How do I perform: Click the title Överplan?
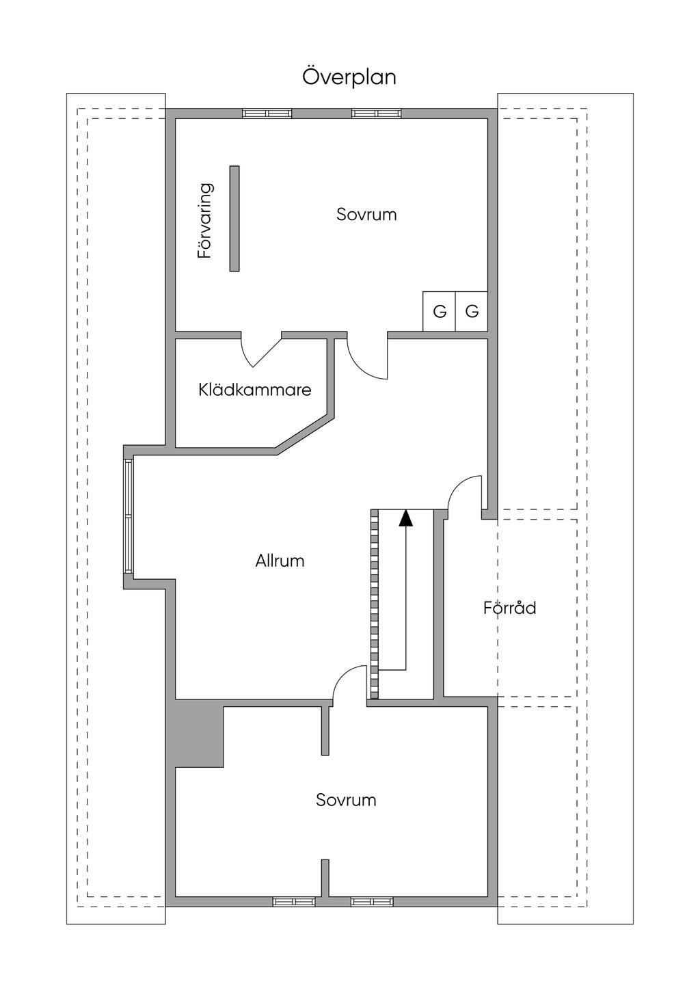[349, 77]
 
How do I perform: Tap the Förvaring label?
[205, 220]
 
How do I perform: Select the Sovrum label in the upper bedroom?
[366, 214]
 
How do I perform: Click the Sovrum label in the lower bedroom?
[346, 800]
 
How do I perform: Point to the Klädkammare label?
[255, 390]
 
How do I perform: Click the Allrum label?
[280, 561]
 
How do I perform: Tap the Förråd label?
[509, 607]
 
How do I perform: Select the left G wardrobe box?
[440, 312]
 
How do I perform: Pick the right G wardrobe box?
[472, 312]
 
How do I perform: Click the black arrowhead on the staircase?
[406, 518]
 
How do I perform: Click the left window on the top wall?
[267, 113]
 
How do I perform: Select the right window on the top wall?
[376, 113]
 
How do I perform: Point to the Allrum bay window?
[128, 516]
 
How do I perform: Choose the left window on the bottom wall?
[294, 901]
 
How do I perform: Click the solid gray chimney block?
[199, 733]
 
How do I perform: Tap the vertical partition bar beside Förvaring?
[234, 218]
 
